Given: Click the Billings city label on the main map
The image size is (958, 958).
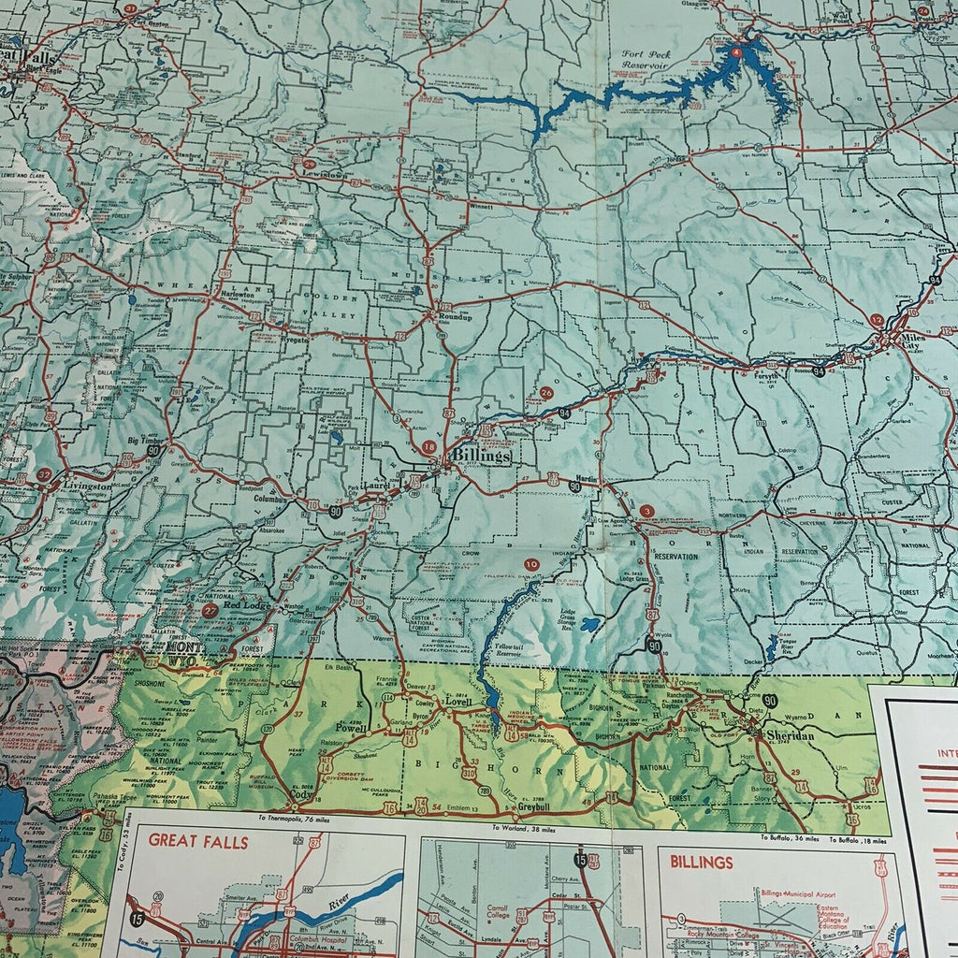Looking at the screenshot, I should point(481,457).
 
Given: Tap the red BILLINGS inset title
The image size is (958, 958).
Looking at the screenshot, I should point(696,862).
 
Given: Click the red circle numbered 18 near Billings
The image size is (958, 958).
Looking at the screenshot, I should point(428,448).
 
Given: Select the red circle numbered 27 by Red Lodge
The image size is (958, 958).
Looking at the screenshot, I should point(210,609).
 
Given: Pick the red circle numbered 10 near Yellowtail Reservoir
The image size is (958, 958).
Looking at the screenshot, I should point(532,564).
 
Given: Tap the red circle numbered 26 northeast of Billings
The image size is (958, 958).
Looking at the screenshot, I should point(546,393).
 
